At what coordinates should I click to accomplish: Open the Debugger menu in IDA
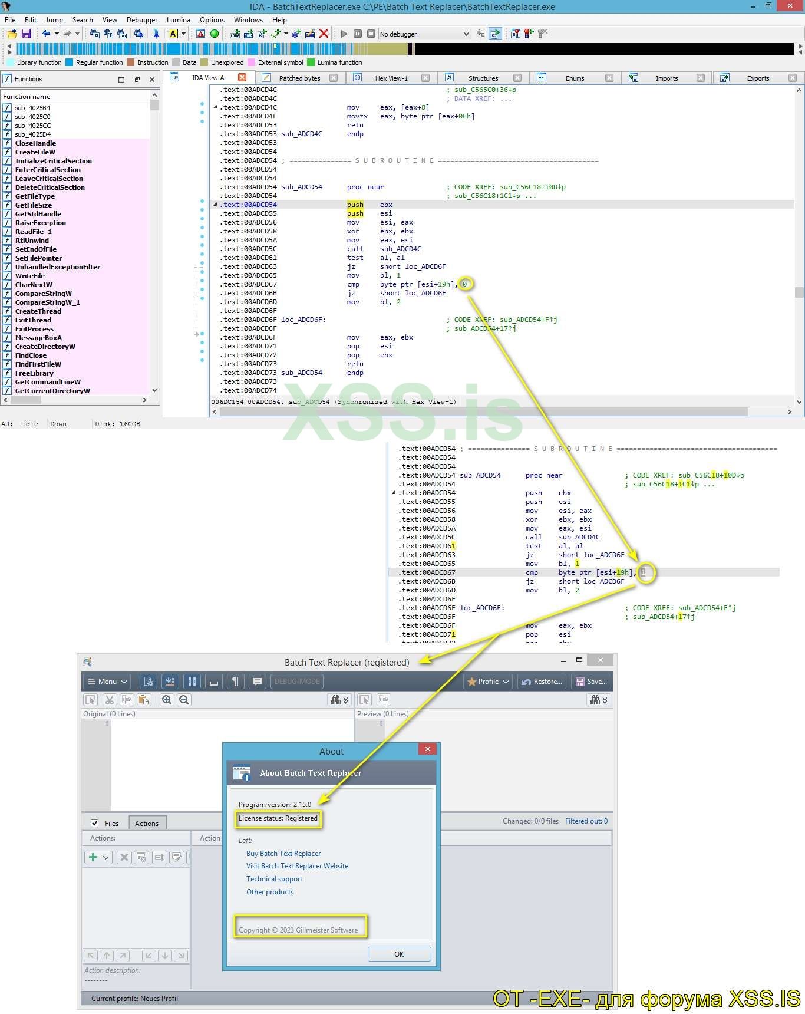pos(142,19)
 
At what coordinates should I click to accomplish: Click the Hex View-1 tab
pos(391,78)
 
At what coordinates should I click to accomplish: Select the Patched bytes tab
pos(299,78)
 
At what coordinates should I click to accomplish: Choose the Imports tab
pos(667,78)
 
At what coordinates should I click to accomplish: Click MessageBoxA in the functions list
pos(38,338)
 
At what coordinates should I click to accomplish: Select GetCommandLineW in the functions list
pos(48,382)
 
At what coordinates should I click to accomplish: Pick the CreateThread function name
pos(38,311)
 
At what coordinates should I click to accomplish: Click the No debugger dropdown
pos(424,34)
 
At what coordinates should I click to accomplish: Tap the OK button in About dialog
pos(399,954)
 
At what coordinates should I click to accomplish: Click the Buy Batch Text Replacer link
pos(283,853)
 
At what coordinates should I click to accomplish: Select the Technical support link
pos(274,878)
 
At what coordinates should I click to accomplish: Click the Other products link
pos(270,891)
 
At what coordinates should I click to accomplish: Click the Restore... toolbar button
pos(542,682)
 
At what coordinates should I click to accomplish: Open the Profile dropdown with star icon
pos(489,682)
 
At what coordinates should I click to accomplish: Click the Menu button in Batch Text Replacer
pos(107,682)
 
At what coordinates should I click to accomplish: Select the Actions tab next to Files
pos(147,823)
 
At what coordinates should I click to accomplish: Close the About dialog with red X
pos(427,749)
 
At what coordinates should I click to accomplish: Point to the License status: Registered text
pos(278,818)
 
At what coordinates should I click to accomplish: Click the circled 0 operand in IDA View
pos(464,284)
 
